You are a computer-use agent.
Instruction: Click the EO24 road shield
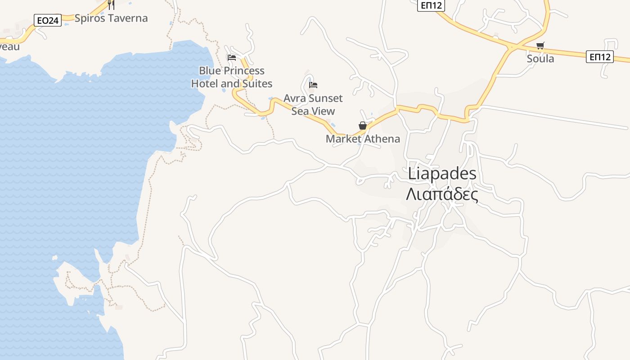[x=48, y=20]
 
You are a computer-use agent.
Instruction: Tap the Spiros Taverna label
[x=111, y=18]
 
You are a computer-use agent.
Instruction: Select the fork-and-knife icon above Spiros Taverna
[x=111, y=4]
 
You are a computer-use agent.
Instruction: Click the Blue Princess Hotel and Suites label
[x=232, y=77]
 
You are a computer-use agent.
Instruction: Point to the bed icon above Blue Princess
[x=232, y=57]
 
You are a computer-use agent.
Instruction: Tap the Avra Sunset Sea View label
[x=313, y=104]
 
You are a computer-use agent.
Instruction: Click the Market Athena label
[x=363, y=139]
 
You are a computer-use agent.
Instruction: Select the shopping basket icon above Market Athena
[x=363, y=126]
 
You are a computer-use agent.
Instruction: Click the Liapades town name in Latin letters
[x=442, y=174]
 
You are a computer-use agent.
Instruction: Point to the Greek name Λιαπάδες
[x=442, y=194]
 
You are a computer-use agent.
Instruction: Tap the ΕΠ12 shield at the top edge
[x=431, y=5]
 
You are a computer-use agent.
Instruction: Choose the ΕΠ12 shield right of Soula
[x=600, y=57]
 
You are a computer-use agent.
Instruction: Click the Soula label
[x=540, y=58]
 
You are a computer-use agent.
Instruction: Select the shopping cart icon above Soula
[x=540, y=45]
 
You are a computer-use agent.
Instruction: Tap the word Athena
[x=382, y=139]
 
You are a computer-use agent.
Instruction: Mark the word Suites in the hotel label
[x=257, y=83]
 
